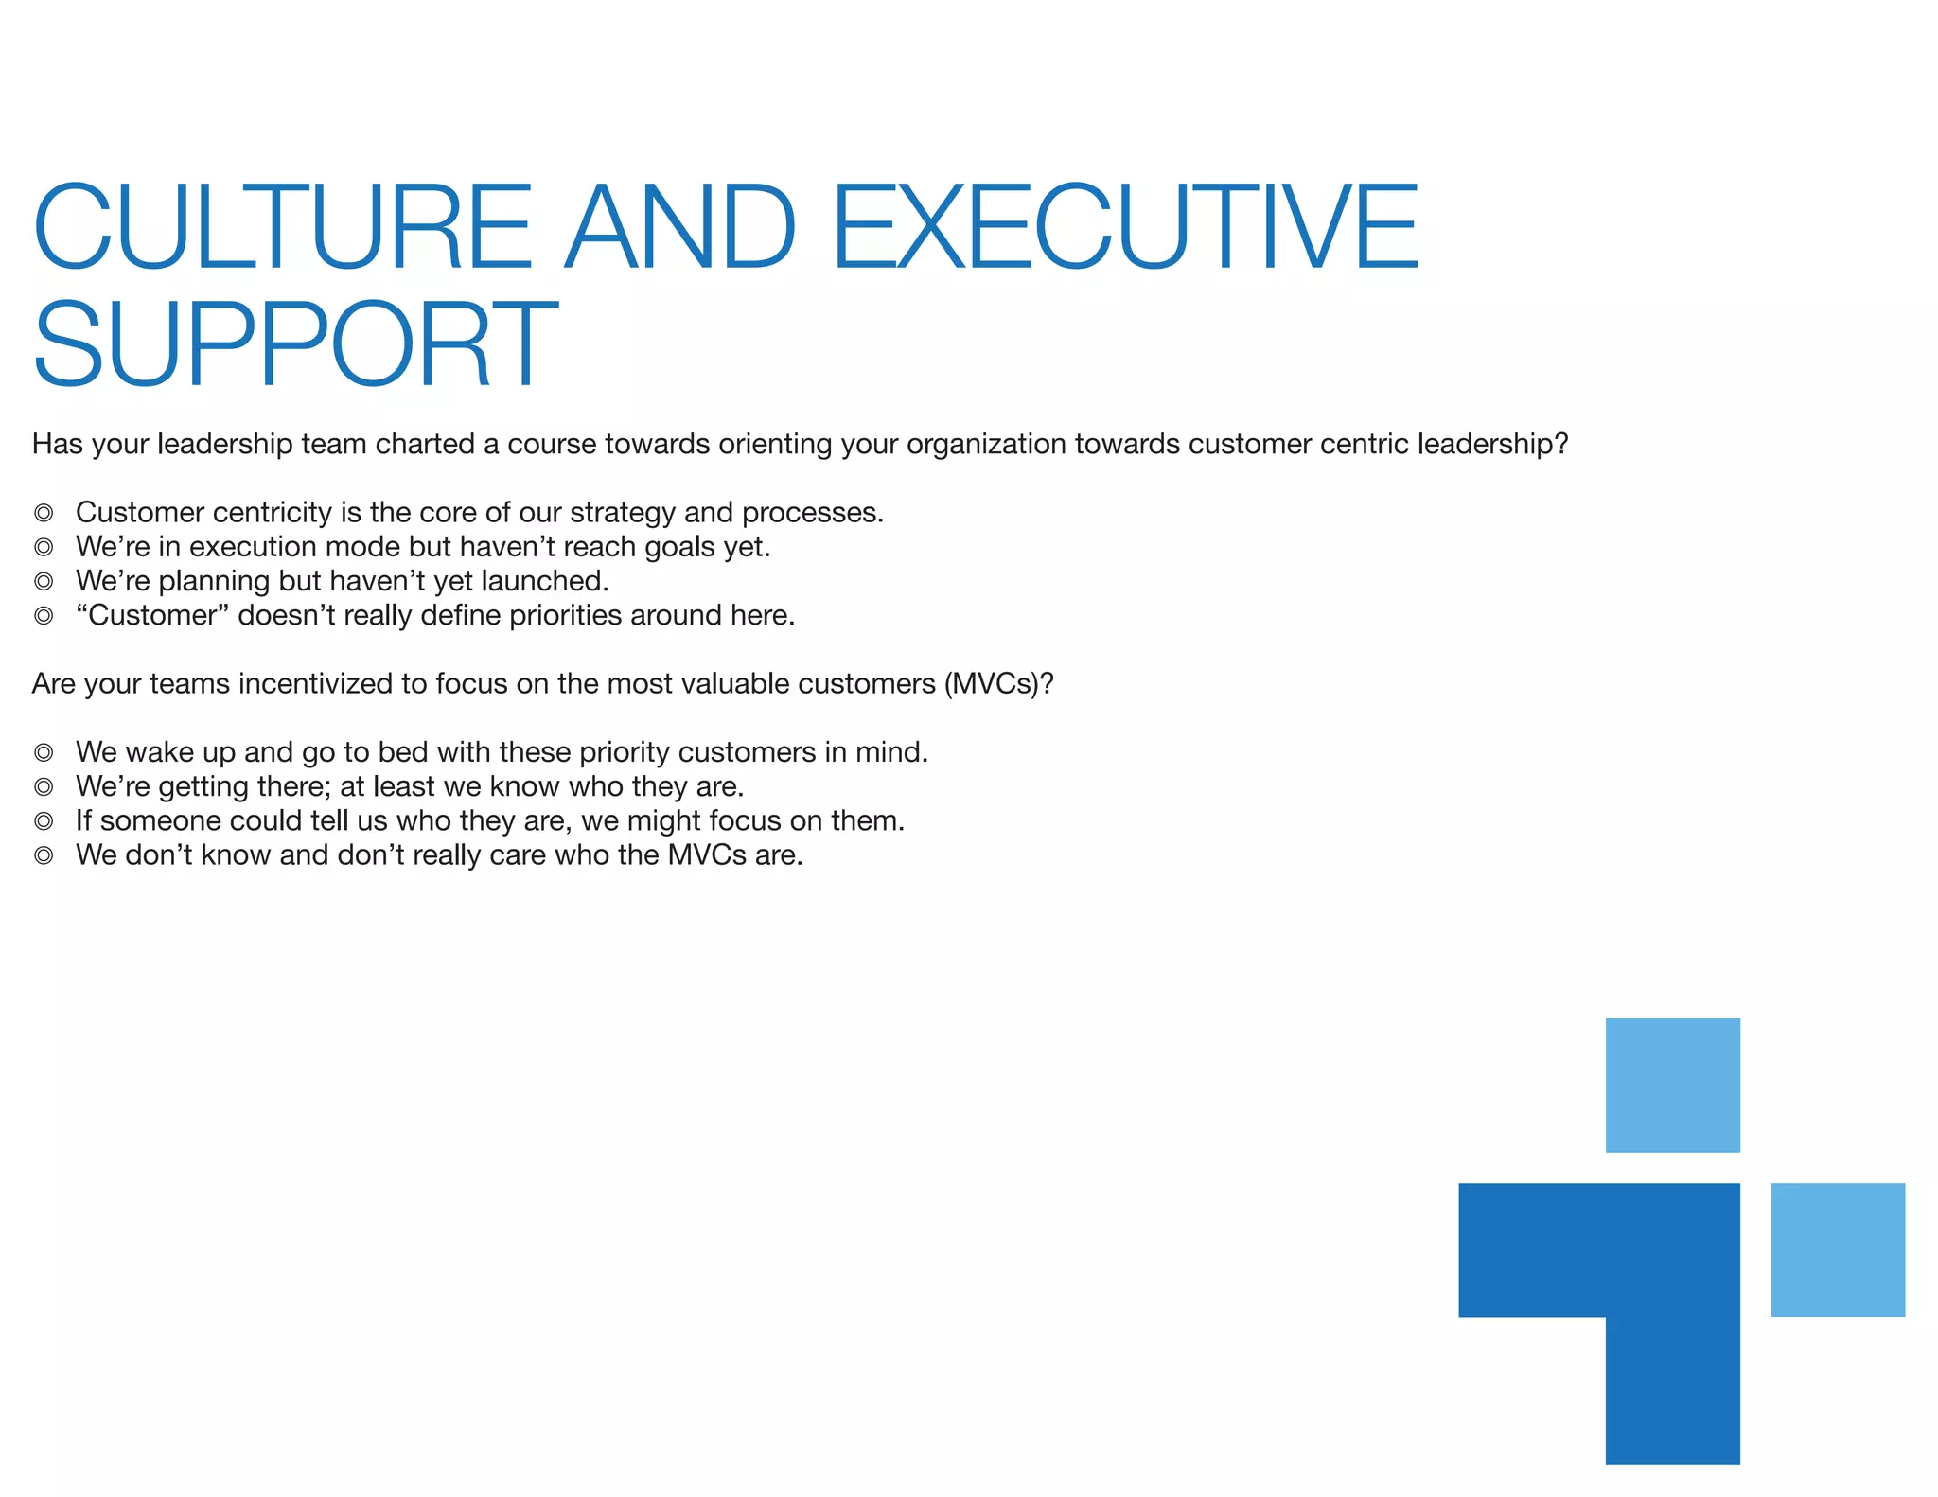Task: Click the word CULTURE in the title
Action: tap(283, 227)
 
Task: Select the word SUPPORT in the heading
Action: tap(295, 344)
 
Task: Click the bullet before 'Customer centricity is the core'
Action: tap(44, 513)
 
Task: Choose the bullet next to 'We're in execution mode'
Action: tap(44, 547)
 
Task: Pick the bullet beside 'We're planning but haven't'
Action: tap(44, 581)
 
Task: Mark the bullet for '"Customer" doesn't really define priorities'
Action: tap(44, 616)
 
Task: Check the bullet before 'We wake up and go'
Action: tap(44, 752)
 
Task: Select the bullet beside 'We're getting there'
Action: tap(44, 786)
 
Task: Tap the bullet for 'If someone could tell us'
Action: tap(44, 820)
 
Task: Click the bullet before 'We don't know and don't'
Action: tap(44, 855)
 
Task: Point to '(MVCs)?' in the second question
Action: tap(998, 683)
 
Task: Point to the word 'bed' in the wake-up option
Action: tap(403, 752)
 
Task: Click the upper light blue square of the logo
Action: tap(1672, 1084)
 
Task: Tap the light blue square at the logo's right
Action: tap(1837, 1249)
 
